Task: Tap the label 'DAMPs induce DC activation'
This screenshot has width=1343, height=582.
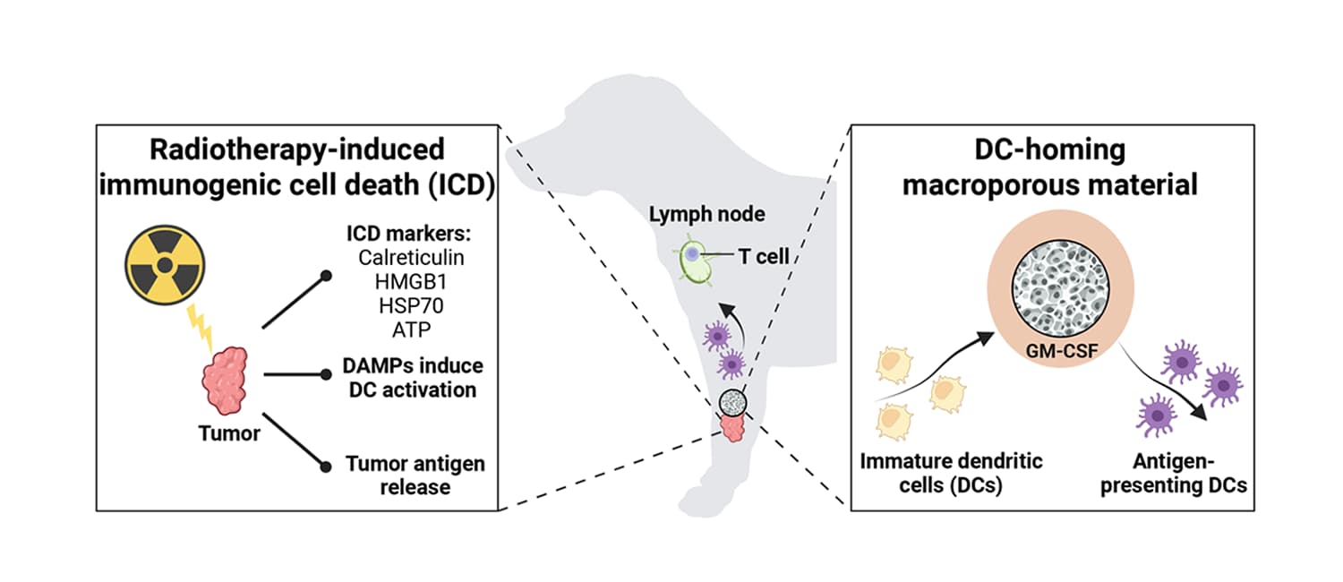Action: [413, 378]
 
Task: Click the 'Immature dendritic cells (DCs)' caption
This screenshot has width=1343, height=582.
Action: [951, 475]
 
